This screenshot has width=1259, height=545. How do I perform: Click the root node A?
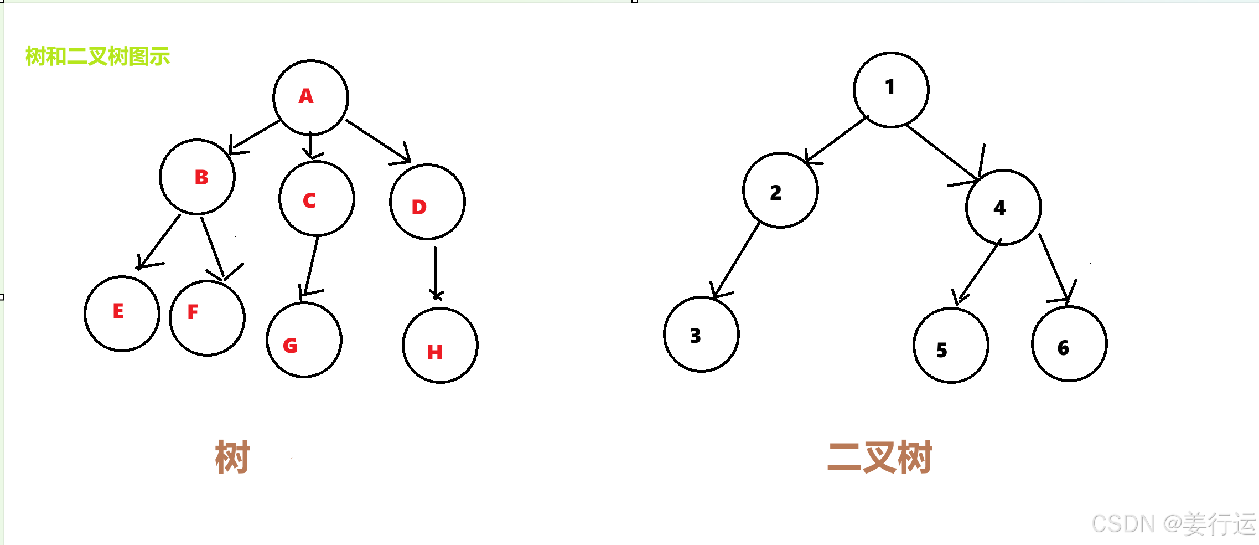click(x=310, y=97)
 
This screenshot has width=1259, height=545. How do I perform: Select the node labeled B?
click(x=197, y=177)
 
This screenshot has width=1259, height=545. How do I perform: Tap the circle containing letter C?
click(x=317, y=198)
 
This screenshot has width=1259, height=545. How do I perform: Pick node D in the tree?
click(x=427, y=202)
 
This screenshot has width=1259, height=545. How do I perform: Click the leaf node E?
click(x=122, y=313)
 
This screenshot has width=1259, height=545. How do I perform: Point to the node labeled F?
click(x=207, y=318)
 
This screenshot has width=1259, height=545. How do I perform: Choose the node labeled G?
click(x=304, y=340)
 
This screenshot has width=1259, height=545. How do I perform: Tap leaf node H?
click(x=440, y=345)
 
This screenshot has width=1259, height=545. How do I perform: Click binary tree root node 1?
click(x=891, y=90)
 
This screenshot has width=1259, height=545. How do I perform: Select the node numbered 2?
click(x=780, y=190)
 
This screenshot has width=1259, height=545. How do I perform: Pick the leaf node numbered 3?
click(x=701, y=334)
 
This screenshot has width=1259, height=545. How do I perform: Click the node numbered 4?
click(x=1003, y=207)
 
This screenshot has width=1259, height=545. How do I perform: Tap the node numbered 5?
click(x=951, y=345)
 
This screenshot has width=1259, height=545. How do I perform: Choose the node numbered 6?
click(x=1069, y=343)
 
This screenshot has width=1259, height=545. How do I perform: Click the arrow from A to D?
click(x=378, y=141)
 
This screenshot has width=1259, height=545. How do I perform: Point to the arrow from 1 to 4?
click(x=942, y=153)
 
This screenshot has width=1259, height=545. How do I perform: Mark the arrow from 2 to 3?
click(x=735, y=260)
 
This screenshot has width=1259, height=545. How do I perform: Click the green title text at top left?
click(x=97, y=56)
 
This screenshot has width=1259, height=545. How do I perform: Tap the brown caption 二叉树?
click(x=879, y=457)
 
